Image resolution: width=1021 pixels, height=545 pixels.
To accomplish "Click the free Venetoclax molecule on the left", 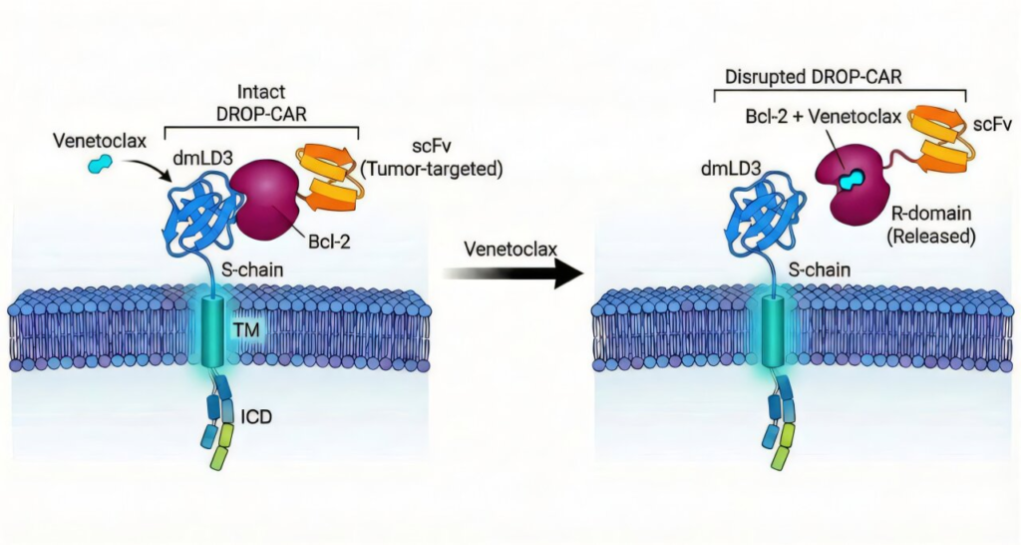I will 100,162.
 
